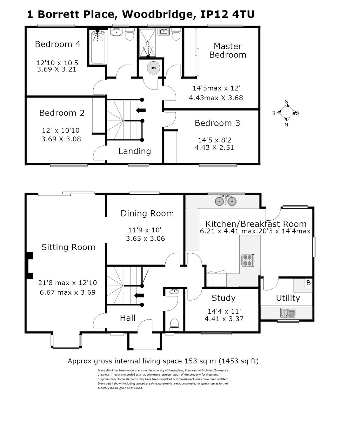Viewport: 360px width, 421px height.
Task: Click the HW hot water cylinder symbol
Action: click(153, 68)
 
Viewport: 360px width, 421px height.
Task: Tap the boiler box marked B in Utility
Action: click(308, 283)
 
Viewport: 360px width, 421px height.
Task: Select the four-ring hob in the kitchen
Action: click(247, 260)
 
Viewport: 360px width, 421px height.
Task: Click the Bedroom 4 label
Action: click(58, 44)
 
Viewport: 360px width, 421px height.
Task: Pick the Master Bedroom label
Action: click(228, 51)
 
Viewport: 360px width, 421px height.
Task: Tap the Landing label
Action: click(135, 151)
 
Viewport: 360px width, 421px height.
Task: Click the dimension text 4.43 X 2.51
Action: click(214, 147)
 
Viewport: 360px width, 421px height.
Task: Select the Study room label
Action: click(224, 298)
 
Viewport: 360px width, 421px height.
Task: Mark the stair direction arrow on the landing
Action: click(141, 111)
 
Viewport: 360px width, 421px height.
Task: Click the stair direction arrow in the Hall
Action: click(139, 295)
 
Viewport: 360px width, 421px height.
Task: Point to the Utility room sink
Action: click(287, 313)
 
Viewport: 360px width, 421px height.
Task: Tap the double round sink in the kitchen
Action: click(226, 201)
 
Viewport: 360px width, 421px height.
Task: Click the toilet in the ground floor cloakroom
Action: click(174, 325)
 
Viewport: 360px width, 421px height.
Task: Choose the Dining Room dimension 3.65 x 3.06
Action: click(145, 239)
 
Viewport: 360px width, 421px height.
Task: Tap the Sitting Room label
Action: click(68, 247)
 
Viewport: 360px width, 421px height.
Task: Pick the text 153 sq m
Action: click(200, 361)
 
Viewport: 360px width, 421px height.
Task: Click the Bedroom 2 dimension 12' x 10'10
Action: click(61, 131)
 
